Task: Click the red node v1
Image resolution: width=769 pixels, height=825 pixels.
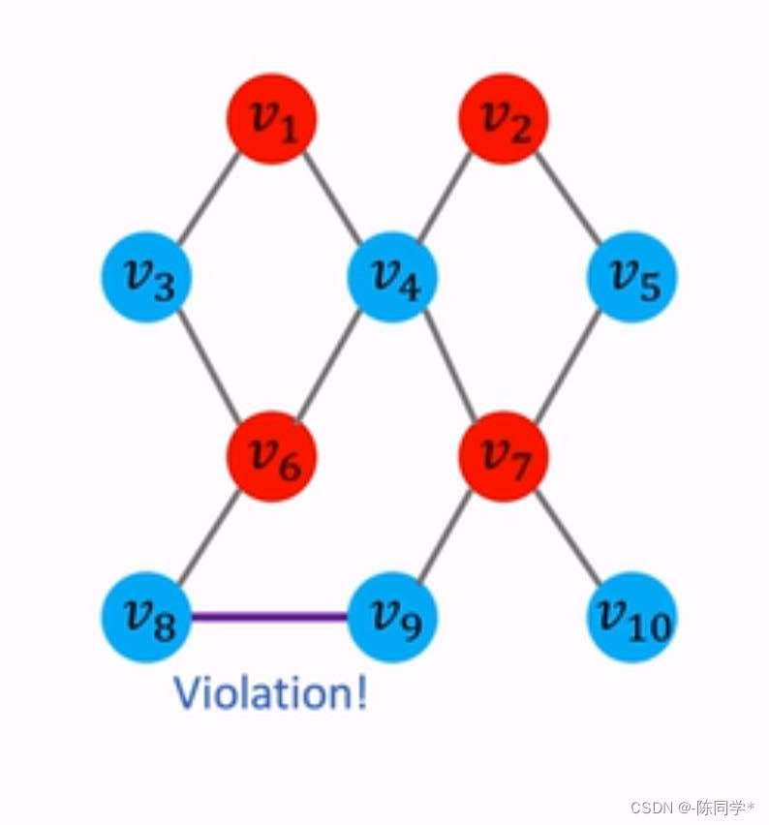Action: pos(271,119)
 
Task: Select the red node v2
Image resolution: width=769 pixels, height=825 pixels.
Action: pos(504,119)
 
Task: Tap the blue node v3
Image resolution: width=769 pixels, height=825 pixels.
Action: pos(147,277)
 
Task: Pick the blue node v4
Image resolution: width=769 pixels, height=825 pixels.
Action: pos(392,277)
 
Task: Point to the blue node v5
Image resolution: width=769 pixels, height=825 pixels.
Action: pos(631,277)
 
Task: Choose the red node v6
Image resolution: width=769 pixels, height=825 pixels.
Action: pos(271,455)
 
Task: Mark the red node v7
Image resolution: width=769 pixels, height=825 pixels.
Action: pos(504,455)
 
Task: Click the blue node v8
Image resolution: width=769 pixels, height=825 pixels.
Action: pos(147,617)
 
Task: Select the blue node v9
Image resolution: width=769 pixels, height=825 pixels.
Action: pos(392,617)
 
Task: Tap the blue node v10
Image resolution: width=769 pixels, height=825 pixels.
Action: pos(631,617)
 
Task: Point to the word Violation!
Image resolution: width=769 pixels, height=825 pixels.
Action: pos(270,693)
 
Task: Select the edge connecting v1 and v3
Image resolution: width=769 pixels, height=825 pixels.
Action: pos(208,199)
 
